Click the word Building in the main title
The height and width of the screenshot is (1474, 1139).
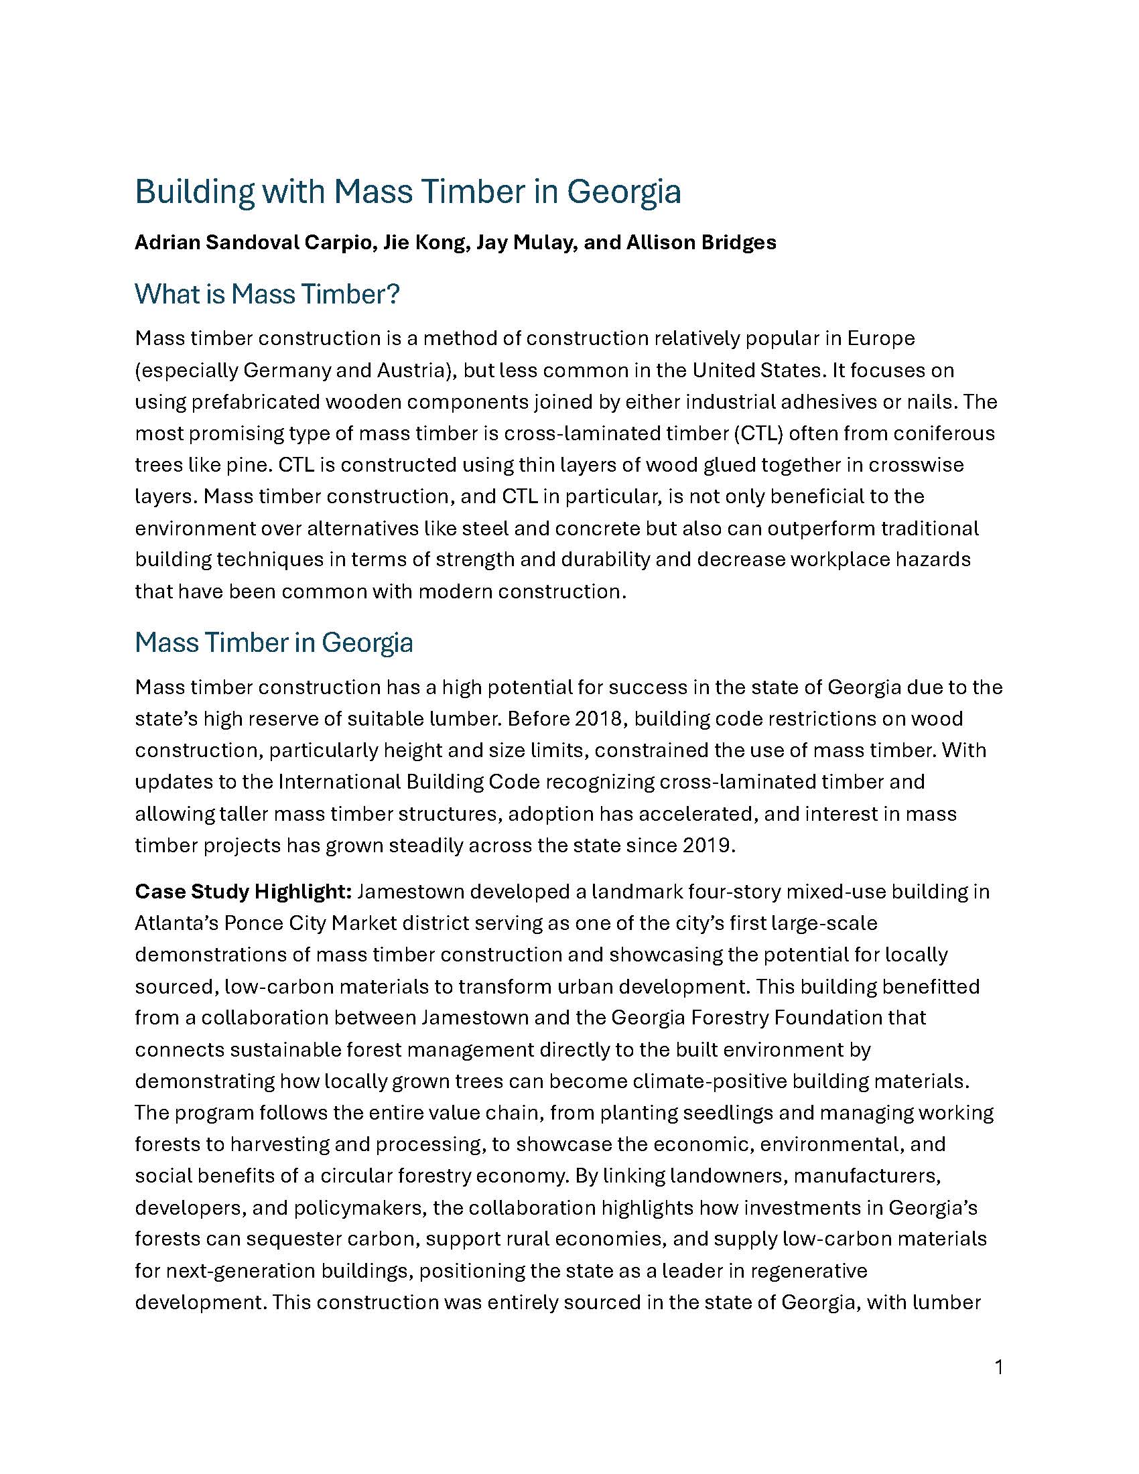point(194,192)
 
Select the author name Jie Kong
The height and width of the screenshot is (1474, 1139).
point(425,243)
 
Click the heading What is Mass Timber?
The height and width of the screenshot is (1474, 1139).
point(267,294)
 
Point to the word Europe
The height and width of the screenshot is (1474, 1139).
point(880,338)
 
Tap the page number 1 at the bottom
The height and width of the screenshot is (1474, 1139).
point(999,1368)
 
